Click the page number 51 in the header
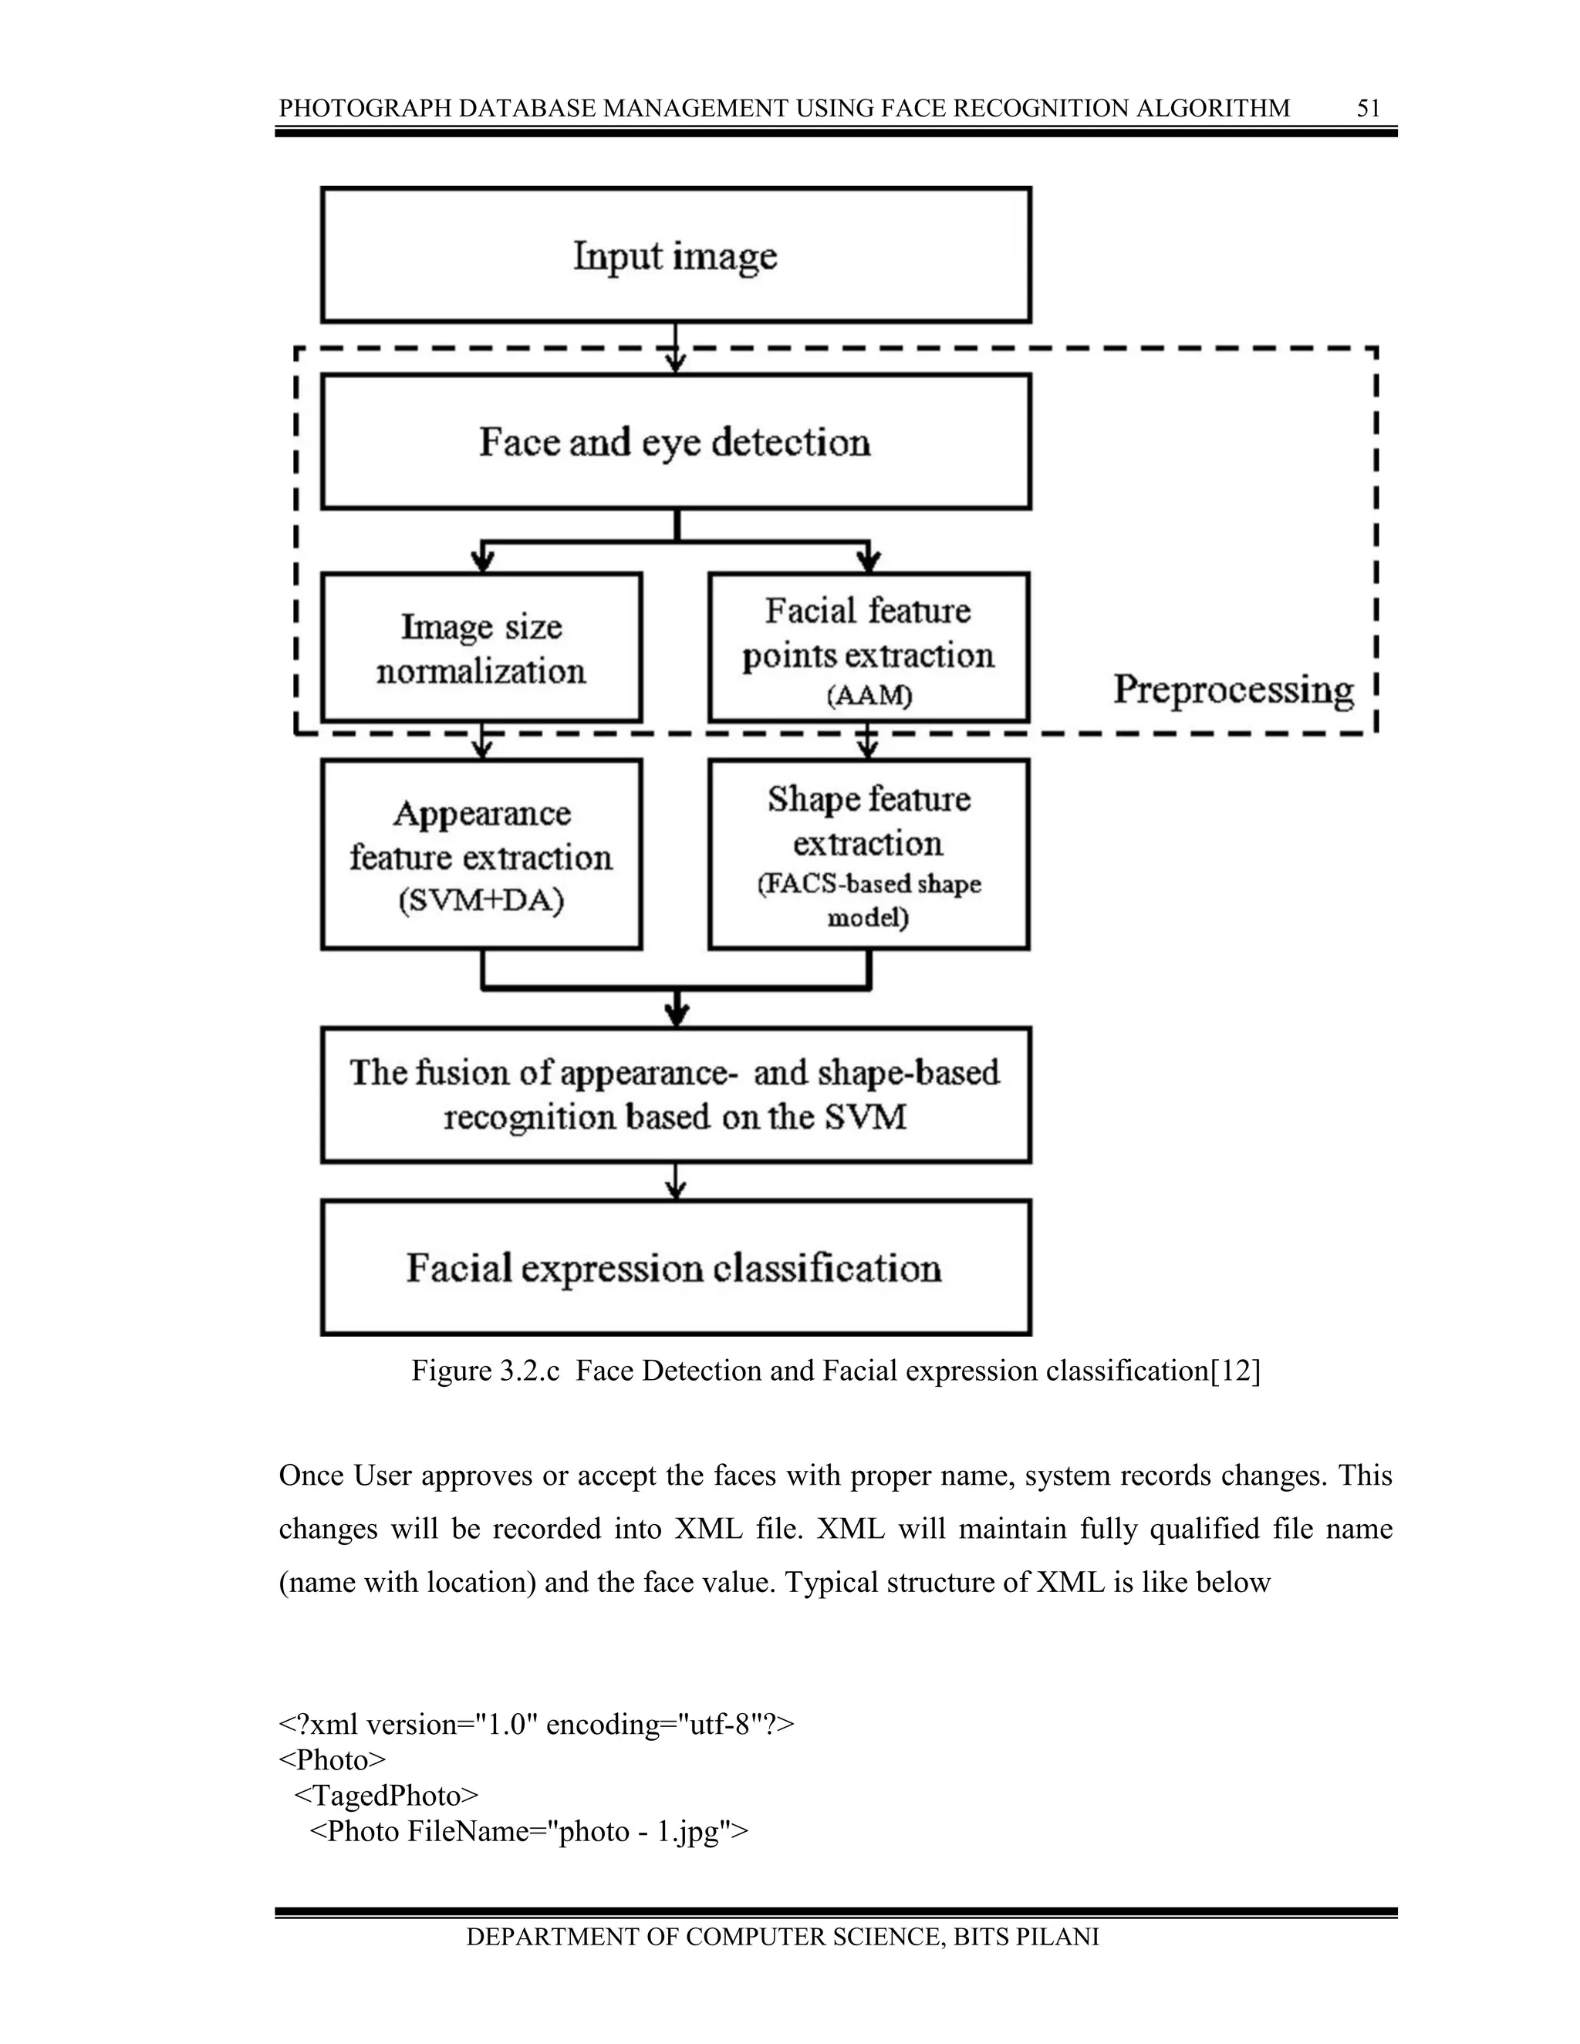pos(1368,109)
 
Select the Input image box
pos(676,255)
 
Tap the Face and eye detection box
pos(676,442)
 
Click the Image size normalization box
pos(481,648)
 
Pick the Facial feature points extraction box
pos(869,648)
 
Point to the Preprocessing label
pos(1233,690)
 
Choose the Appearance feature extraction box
pos(481,855)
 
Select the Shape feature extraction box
pos(869,855)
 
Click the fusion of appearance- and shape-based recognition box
pos(676,1094)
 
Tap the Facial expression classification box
pos(676,1268)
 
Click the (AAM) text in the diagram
pos(869,697)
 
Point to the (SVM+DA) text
pos(481,901)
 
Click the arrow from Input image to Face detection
pos(676,348)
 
